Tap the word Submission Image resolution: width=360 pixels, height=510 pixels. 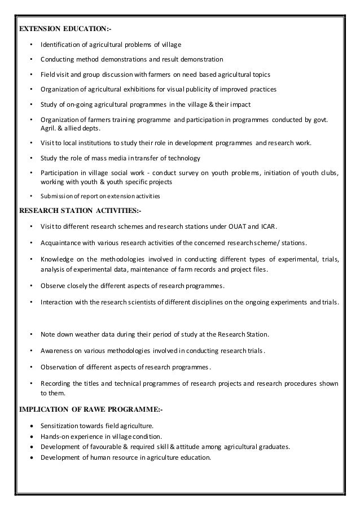55,197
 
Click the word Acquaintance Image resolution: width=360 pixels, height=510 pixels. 61,243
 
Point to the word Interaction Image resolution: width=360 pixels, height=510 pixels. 58,302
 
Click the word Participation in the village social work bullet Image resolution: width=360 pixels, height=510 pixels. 60,172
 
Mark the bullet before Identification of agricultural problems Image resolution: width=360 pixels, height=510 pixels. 31,44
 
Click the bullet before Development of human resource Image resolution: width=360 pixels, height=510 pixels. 31,457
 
